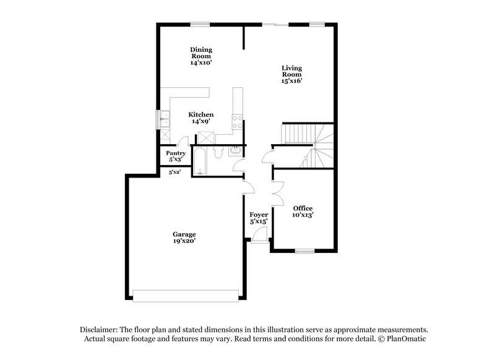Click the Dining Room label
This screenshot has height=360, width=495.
pos(202,56)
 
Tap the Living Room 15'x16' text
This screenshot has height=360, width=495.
pos(291,74)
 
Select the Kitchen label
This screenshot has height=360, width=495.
pos(202,118)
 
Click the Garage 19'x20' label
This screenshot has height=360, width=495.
pos(184,238)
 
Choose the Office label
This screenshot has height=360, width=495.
pos(303,212)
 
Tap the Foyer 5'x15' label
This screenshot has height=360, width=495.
pos(259,218)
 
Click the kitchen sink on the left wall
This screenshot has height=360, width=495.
pos(165,118)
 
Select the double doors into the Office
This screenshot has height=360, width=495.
pos(277,192)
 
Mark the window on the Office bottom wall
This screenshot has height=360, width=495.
pos(304,251)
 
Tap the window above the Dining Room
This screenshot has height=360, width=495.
pos(199,24)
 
